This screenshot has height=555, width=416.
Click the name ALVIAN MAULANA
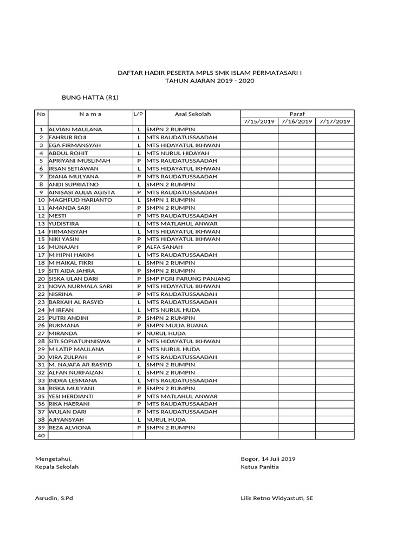tap(75, 130)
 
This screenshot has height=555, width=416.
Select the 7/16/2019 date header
tap(297, 121)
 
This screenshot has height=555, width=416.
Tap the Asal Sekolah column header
tap(192, 114)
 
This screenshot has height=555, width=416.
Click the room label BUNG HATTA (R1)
tap(90, 98)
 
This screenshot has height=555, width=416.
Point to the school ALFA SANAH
tap(165, 247)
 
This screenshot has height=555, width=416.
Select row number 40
tap(41, 435)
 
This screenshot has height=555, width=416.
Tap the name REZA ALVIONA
tap(70, 428)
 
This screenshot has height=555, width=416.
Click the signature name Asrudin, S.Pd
tap(54, 498)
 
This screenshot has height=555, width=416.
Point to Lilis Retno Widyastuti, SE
tap(277, 498)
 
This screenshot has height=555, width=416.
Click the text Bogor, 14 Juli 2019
tap(268, 459)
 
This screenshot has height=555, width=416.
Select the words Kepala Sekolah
tap(57, 467)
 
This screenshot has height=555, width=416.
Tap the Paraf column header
tap(297, 114)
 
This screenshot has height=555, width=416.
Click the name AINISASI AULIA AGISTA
tap(82, 192)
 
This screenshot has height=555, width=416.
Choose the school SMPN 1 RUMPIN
tap(171, 200)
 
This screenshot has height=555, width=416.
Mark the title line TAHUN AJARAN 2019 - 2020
tap(210, 81)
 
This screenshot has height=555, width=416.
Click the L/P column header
tap(139, 114)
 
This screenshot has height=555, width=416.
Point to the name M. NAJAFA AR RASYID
tap(80, 365)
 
